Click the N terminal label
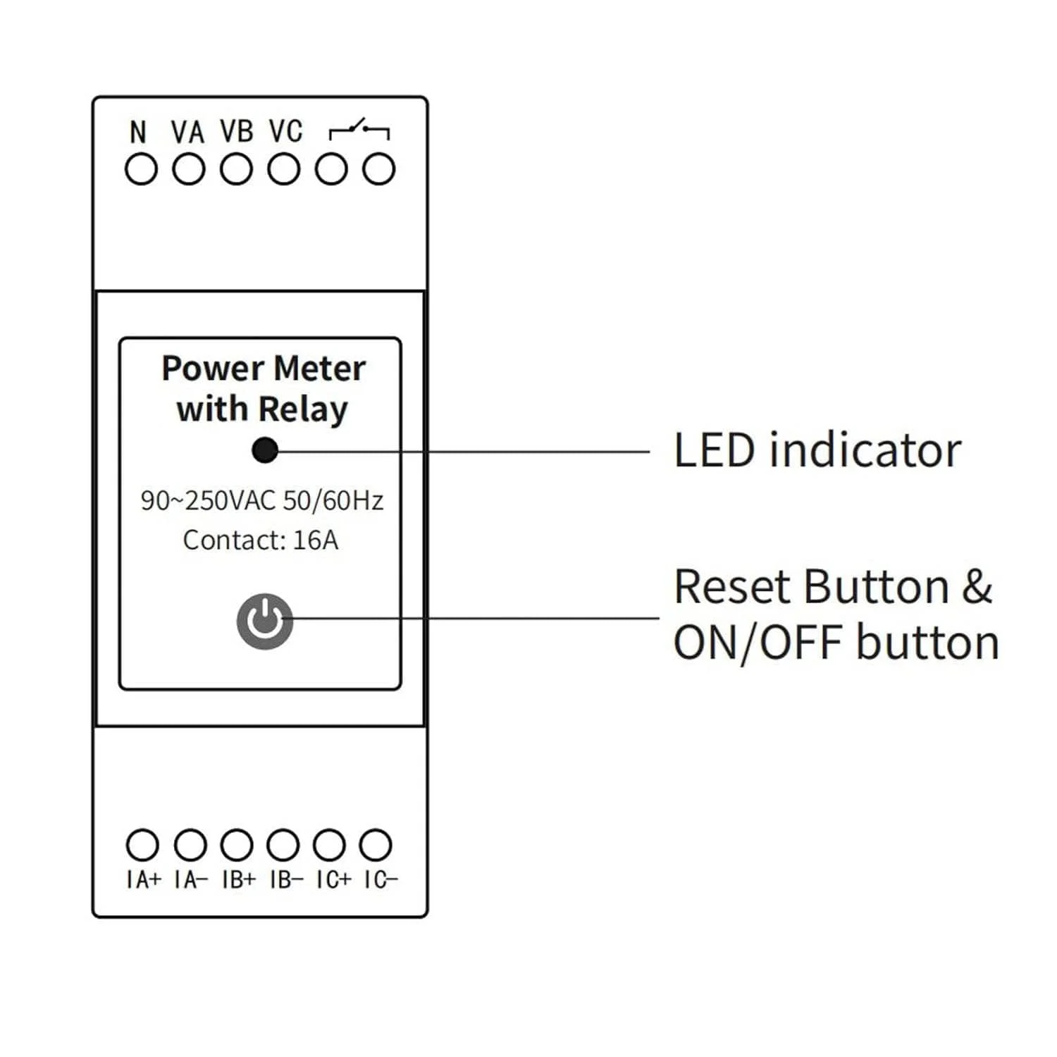[138, 132]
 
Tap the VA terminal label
[187, 132]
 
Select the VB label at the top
[236, 131]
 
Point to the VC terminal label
[285, 131]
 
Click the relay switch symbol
[359, 130]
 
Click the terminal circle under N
[141, 170]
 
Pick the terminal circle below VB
[236, 170]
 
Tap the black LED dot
[265, 450]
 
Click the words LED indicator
[817, 450]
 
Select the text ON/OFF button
[836, 643]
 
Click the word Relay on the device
[303, 409]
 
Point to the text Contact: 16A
[261, 540]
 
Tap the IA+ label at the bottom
[144, 879]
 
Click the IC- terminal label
[381, 879]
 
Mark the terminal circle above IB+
[236, 845]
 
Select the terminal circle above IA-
[190, 845]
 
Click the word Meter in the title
[319, 369]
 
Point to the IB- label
[286, 879]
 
